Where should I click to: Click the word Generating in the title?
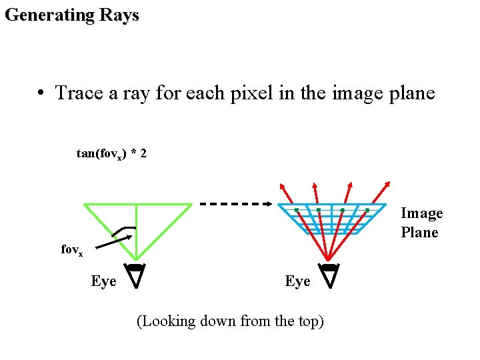48,15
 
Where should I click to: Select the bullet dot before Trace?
41,93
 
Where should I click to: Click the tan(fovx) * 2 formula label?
112,154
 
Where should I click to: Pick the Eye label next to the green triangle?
103,281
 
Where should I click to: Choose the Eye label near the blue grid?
297,281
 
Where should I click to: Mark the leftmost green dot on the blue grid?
297,211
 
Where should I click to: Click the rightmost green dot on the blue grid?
367,211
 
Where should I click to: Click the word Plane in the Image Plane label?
419,232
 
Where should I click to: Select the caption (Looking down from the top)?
230,321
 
